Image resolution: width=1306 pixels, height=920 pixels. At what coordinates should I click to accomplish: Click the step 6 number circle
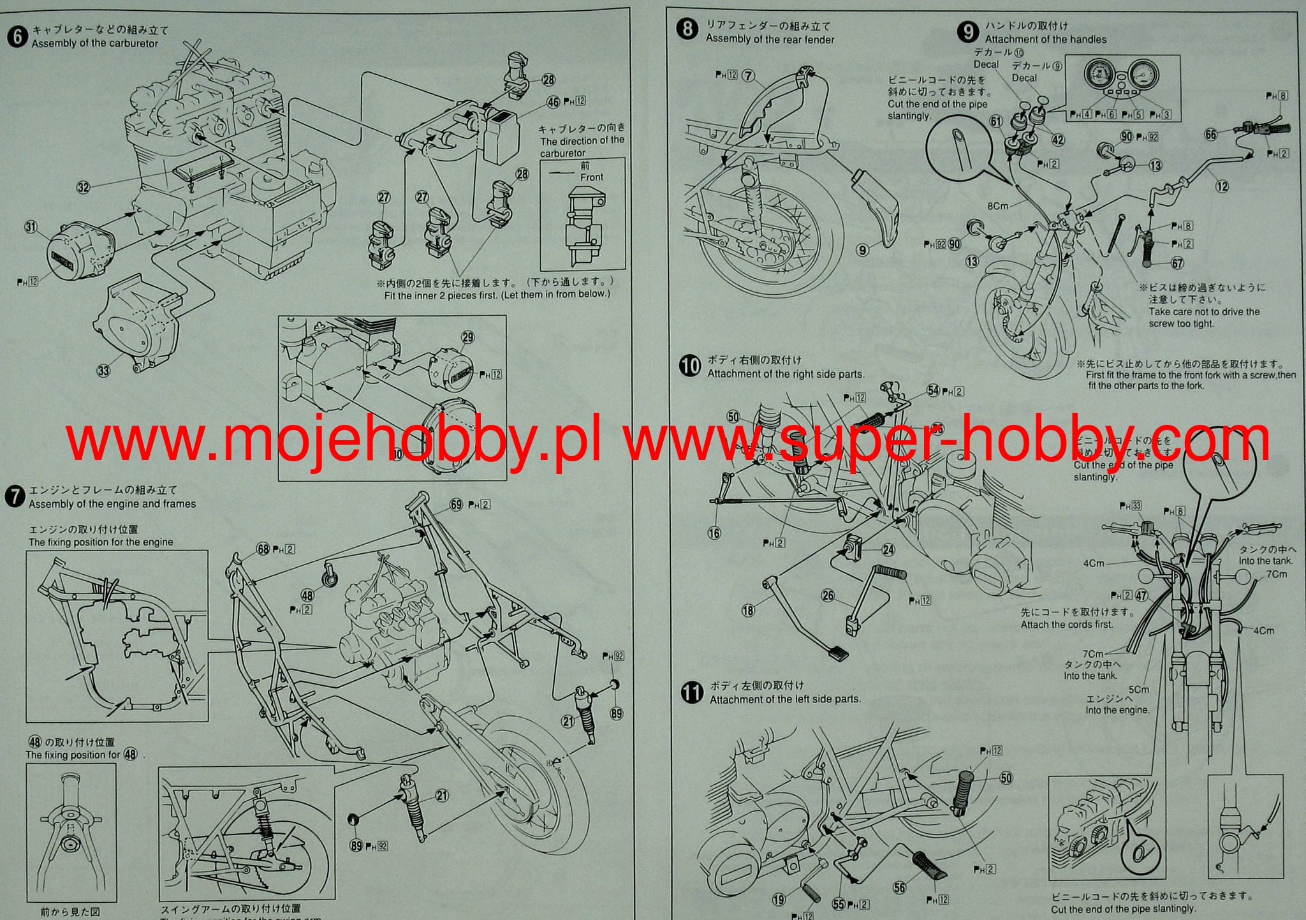[18, 36]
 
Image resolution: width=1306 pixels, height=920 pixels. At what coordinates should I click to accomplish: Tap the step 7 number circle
[14, 497]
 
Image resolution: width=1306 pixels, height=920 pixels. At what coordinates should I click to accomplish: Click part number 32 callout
[84, 187]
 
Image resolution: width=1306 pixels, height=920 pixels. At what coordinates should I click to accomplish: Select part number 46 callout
[553, 101]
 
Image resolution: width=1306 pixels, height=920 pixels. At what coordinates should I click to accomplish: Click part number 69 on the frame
[456, 505]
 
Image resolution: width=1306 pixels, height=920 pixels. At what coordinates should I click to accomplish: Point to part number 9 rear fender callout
[862, 250]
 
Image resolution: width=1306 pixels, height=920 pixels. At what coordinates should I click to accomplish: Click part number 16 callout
[714, 533]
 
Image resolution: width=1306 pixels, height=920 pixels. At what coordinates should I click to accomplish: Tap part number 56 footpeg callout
[900, 887]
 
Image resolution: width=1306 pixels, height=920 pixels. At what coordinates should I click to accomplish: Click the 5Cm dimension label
[1138, 690]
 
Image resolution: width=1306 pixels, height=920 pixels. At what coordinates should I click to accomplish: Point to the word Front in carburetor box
[591, 177]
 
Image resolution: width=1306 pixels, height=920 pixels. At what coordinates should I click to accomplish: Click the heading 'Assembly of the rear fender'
[770, 40]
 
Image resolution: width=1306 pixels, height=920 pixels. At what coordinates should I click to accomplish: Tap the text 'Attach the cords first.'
[1066, 625]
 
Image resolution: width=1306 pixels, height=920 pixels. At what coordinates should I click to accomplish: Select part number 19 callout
[779, 900]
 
